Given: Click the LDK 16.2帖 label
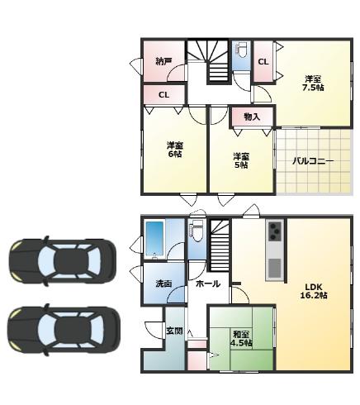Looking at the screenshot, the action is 313,291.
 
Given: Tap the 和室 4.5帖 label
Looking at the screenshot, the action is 241,339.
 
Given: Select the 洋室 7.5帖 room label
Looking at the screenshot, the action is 313,83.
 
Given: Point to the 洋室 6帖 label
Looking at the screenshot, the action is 175,150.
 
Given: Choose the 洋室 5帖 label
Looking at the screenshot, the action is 241,160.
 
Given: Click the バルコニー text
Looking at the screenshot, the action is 313,161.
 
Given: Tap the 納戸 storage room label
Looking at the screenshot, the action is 163,61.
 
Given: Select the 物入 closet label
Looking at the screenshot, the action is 252,117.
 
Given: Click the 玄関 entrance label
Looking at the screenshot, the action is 174,331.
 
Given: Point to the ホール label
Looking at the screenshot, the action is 208,283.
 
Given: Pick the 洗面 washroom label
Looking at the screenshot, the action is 163,283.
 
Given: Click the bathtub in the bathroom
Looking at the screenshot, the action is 155,239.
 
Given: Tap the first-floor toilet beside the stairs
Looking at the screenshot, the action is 197,231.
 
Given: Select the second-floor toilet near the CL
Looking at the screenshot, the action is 241,50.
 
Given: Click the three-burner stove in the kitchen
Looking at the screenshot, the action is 274,231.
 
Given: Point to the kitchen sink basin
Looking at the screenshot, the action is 274,269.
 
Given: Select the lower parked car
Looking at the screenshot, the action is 64,330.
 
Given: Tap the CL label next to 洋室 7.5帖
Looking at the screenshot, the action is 263,62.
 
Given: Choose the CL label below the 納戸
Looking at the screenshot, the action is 163,95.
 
